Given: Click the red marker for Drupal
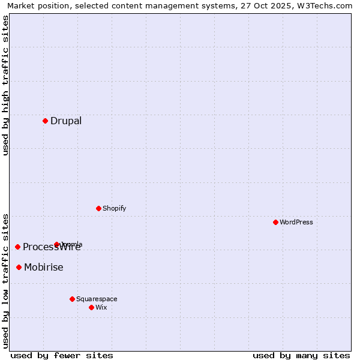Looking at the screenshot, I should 45,121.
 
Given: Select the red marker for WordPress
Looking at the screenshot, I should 275,222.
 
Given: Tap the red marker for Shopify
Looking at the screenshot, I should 98,208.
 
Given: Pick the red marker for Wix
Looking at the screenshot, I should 91,307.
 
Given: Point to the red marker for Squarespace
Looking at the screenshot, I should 72,299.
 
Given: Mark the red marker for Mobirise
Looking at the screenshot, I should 19,267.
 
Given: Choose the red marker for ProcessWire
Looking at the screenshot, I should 18,247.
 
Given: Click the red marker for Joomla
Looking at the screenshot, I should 57,244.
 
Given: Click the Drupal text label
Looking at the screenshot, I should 66,121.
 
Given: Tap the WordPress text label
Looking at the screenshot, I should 296,222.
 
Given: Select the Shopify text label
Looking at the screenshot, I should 115,208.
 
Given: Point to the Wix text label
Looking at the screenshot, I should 101,307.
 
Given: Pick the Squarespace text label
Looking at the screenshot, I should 97,299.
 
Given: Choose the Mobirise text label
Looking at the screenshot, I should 44,268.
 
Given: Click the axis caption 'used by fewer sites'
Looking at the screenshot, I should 62,355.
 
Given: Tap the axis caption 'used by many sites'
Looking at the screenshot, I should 301,355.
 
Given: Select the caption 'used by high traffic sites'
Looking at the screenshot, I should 5,85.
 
